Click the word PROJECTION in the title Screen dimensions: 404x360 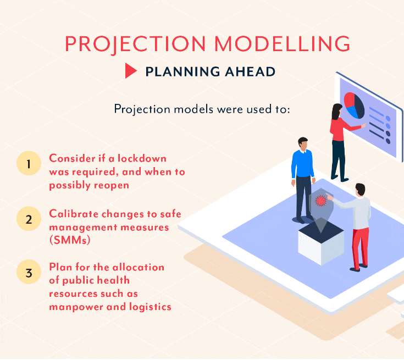[x=135, y=44]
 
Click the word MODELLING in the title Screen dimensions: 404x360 [x=282, y=43]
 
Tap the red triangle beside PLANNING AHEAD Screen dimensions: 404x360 [x=131, y=70]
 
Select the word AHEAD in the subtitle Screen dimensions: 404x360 [x=250, y=71]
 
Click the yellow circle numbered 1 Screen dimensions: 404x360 [x=29, y=163]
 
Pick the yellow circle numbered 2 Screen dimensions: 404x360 [x=29, y=219]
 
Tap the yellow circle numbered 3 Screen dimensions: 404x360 [x=29, y=272]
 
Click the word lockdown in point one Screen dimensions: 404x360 [x=142, y=158]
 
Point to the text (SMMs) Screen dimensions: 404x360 [x=70, y=240]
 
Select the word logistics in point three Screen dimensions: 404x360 [x=150, y=307]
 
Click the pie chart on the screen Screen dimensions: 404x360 [x=354, y=106]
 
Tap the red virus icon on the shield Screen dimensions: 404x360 [x=320, y=201]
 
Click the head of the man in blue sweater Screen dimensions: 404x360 [x=303, y=143]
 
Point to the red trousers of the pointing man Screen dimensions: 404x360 [x=360, y=248]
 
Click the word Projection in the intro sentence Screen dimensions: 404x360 [x=142, y=109]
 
